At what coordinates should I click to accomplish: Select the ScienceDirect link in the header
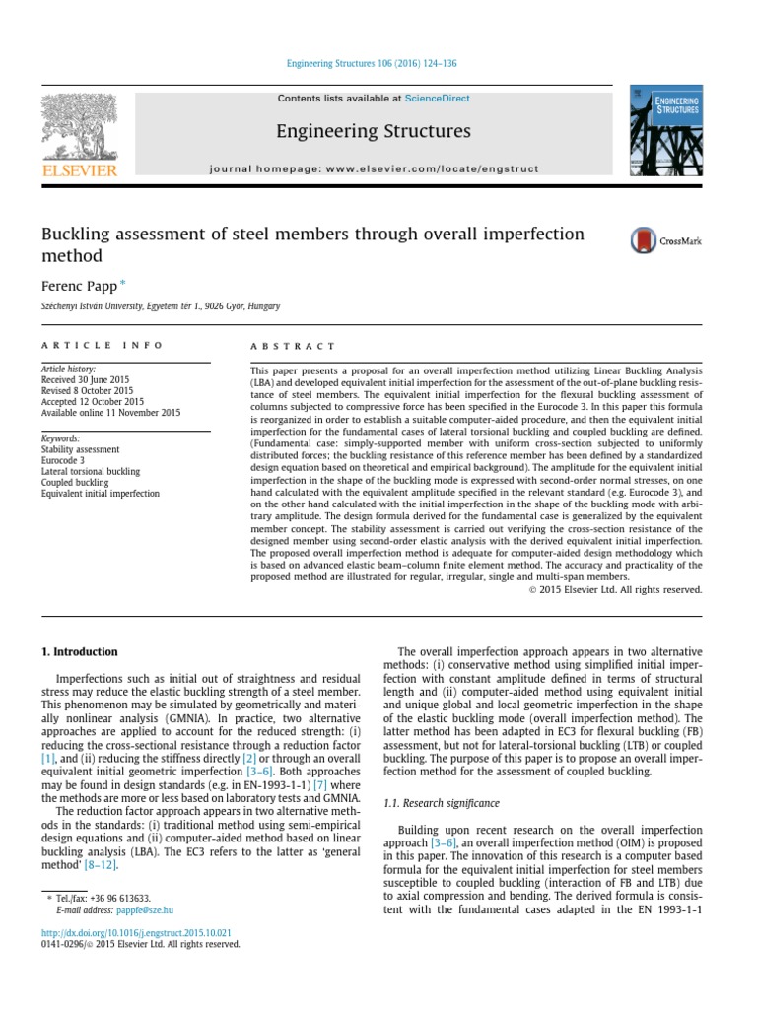click(437, 99)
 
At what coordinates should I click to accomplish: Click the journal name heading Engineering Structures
click(374, 131)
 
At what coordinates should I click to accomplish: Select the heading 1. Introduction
click(79, 652)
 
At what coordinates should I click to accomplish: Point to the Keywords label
click(61, 438)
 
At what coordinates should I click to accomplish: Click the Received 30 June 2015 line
click(85, 379)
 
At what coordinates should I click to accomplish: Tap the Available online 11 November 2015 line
click(110, 413)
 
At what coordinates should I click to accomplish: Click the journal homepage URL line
click(374, 168)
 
